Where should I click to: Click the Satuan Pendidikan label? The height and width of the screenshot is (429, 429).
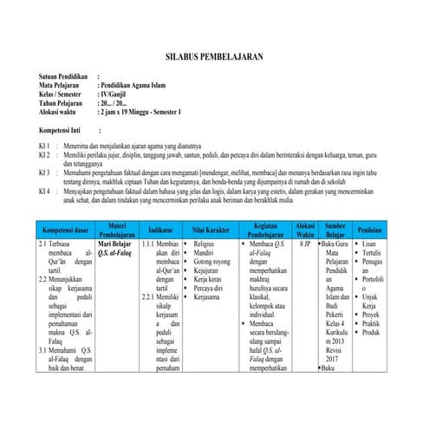coord(67,78)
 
